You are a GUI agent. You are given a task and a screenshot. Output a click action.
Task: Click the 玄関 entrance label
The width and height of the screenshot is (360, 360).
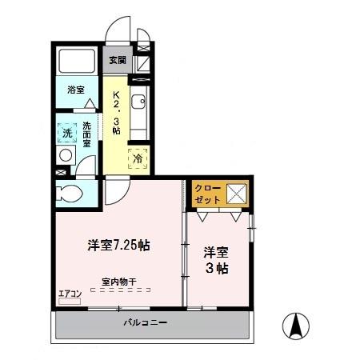[x=118, y=59]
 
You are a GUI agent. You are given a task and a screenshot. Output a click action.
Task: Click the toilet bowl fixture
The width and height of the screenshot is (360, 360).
[x=70, y=192]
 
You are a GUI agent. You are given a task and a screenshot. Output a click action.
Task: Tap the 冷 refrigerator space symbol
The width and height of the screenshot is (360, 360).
[x=138, y=158]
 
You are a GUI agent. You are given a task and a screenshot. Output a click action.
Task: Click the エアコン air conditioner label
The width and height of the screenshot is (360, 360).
[x=69, y=293]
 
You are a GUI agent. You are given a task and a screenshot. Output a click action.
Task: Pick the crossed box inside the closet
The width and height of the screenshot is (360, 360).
[x=236, y=193]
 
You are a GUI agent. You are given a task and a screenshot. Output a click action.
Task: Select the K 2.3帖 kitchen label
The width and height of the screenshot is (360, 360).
[x=115, y=113]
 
